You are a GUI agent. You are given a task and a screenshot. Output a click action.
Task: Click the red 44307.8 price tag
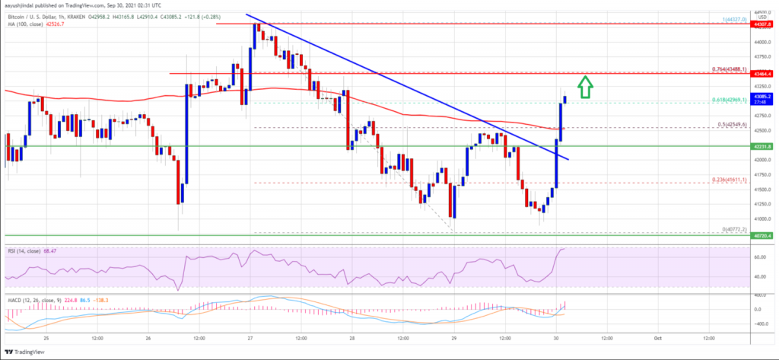(x=763, y=24)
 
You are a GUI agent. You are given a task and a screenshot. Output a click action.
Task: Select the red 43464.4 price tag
(x=763, y=73)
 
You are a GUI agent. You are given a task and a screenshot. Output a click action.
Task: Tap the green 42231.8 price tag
(x=763, y=145)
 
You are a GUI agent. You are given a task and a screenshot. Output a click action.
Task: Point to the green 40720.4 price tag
(x=763, y=235)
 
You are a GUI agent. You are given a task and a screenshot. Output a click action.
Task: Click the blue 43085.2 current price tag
(x=763, y=97)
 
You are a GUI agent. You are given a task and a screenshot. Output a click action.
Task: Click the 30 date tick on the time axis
(x=557, y=337)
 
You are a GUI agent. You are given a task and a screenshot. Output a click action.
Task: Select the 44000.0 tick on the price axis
(x=763, y=43)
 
